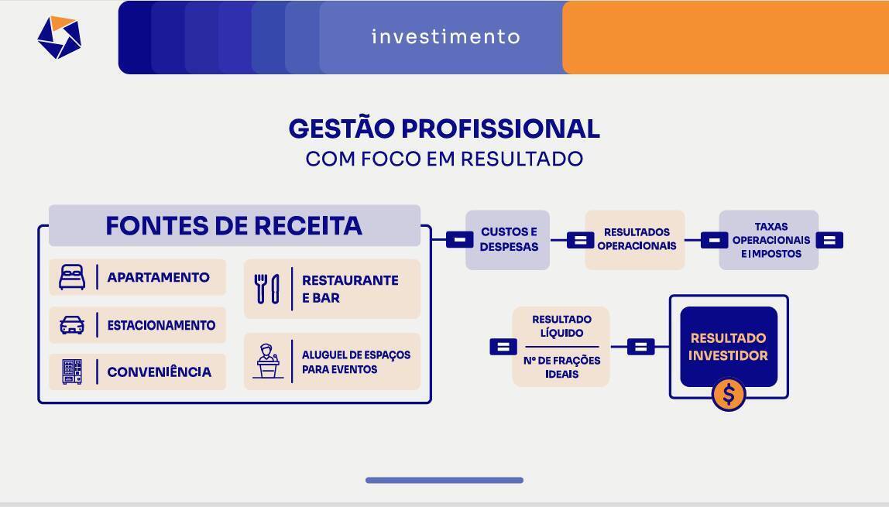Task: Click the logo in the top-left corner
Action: tap(59, 37)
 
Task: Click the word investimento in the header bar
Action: tap(445, 36)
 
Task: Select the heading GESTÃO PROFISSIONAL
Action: tap(444, 128)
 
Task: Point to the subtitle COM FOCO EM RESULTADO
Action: tap(444, 159)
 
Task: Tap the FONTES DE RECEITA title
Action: tap(234, 225)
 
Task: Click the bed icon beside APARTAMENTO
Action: tap(72, 277)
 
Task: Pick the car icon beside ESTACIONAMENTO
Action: tap(72, 325)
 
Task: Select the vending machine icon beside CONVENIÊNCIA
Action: tap(72, 372)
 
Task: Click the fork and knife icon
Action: tap(266, 289)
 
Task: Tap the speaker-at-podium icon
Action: tap(268, 361)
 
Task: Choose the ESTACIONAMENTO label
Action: tap(161, 325)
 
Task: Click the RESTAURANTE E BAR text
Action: tap(350, 289)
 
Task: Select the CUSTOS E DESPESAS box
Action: tap(508, 240)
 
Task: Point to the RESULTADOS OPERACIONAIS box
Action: tap(636, 240)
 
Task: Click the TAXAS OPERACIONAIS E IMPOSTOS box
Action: tap(770, 240)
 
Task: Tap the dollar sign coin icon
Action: tap(729, 395)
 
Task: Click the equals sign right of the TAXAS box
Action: tap(829, 240)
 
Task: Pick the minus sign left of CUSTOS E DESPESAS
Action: tap(459, 240)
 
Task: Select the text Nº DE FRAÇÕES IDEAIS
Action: tap(561, 367)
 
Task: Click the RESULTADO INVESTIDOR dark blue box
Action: tap(729, 346)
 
